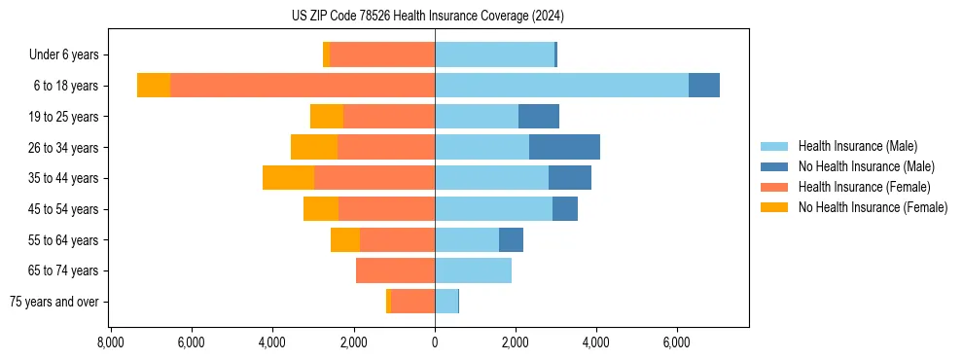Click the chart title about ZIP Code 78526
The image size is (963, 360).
pyautogui.click(x=427, y=16)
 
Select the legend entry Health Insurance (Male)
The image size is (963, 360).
pyautogui.click(x=857, y=146)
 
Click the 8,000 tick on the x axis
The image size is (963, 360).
pyautogui.click(x=111, y=342)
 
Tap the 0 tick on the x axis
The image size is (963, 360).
pyautogui.click(x=435, y=342)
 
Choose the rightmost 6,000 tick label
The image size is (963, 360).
pyautogui.click(x=677, y=342)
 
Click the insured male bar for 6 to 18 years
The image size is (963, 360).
pyautogui.click(x=561, y=86)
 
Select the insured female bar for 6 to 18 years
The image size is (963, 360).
pyautogui.click(x=303, y=86)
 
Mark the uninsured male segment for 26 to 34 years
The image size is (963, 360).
pyautogui.click(x=564, y=147)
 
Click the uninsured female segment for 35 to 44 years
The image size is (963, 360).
pyautogui.click(x=288, y=178)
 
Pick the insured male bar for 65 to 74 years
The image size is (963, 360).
pyautogui.click(x=473, y=270)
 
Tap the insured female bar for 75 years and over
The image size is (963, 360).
pyautogui.click(x=412, y=302)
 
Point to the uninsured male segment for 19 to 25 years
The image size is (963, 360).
pyautogui.click(x=538, y=117)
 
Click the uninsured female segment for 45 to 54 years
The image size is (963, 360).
pyautogui.click(x=321, y=209)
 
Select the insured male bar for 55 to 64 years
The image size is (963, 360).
pyautogui.click(x=467, y=239)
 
